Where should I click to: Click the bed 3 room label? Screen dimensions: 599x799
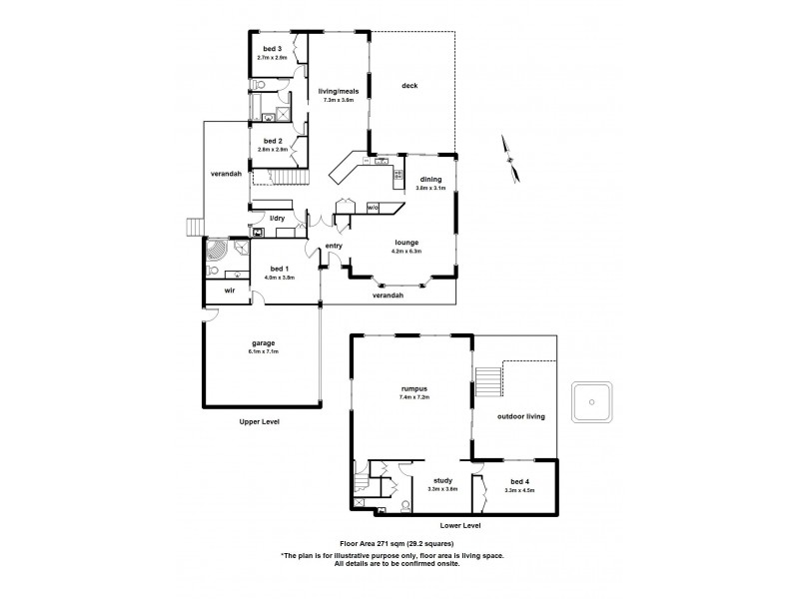(x=273, y=49)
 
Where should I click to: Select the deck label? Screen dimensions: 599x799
(x=409, y=85)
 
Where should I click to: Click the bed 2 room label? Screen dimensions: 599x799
(x=273, y=141)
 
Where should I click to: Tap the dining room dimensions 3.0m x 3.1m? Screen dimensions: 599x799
(x=430, y=188)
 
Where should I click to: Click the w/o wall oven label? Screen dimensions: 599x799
(x=372, y=208)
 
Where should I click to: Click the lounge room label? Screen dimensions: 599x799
(x=405, y=243)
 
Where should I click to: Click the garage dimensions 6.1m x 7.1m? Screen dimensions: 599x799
(x=264, y=351)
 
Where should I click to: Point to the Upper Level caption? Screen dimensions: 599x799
(x=259, y=422)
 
